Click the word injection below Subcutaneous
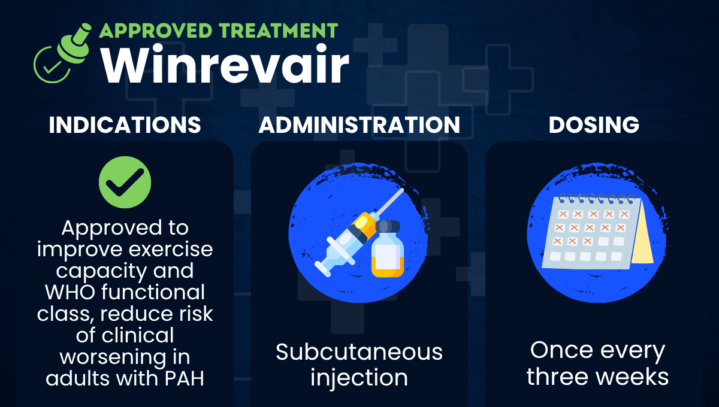tap(359, 378)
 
